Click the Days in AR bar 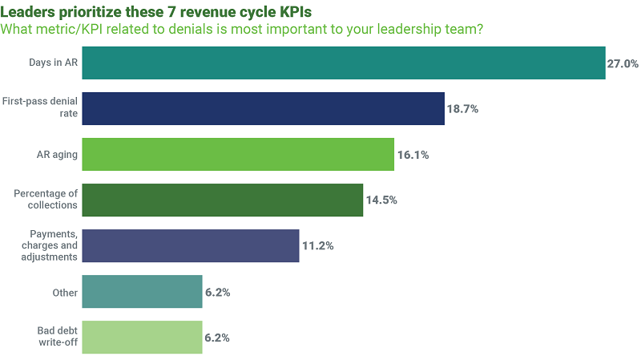coord(343,63)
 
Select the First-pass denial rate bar coord(263,109)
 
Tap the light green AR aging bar coord(238,155)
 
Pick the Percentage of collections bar coord(222,200)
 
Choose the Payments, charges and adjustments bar coord(191,246)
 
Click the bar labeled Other coord(142,292)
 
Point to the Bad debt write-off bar coord(142,338)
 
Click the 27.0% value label coord(623,63)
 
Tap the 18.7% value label coord(462,109)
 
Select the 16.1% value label coord(413,155)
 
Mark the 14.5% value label coord(381,200)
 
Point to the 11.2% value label coord(317,246)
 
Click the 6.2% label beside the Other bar coord(217,293)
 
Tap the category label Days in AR coord(54,63)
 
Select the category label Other coord(65,293)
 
